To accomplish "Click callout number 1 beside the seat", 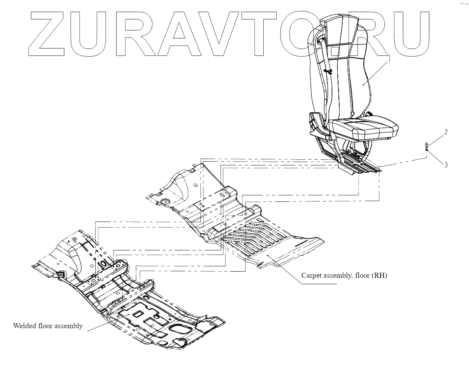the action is pyautogui.click(x=389, y=58).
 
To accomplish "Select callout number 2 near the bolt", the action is pyautogui.click(x=446, y=132).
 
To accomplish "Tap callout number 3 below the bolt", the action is pyautogui.click(x=446, y=165).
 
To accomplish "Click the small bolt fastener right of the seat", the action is pyautogui.click(x=427, y=146).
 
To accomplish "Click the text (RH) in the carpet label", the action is pyautogui.click(x=380, y=275).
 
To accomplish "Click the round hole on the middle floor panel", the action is pyautogui.click(x=165, y=201).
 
